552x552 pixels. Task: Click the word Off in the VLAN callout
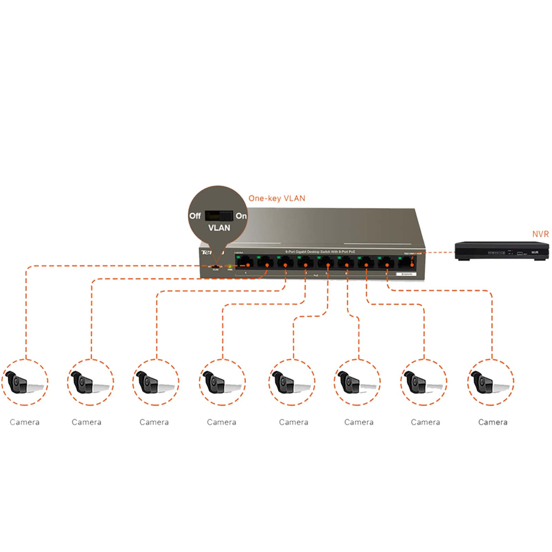click(195, 216)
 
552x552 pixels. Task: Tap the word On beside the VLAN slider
click(241, 216)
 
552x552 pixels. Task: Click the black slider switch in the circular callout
click(219, 216)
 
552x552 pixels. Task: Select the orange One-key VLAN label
click(277, 198)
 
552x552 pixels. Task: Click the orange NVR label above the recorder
click(540, 234)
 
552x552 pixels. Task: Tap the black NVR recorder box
click(501, 251)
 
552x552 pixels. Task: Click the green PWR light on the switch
click(230, 266)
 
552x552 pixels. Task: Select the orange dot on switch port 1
click(248, 265)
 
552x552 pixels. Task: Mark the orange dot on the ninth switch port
click(412, 265)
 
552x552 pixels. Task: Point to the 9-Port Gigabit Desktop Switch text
click(320, 252)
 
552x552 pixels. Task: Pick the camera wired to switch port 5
click(292, 382)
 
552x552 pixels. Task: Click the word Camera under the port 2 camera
click(87, 422)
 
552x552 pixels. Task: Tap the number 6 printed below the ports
click(346, 274)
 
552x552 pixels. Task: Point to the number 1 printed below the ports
click(245, 273)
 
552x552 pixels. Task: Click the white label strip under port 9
click(406, 274)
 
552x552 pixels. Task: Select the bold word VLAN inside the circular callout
click(219, 228)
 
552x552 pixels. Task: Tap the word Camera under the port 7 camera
click(425, 422)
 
